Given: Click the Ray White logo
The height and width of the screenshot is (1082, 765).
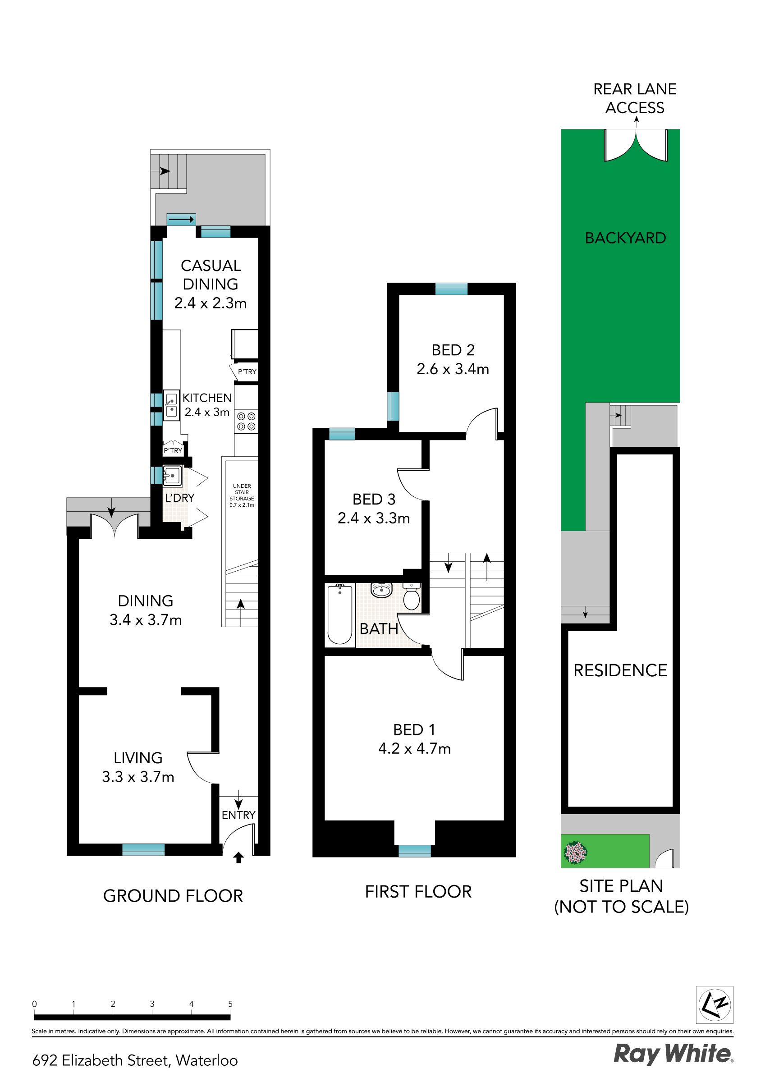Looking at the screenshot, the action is (x=673, y=1054).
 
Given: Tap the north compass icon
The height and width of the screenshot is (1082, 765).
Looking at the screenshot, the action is (x=715, y=1005).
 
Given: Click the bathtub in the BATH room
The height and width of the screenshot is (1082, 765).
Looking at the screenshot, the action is (x=340, y=614).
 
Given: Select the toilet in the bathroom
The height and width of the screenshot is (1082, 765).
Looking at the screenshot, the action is (x=412, y=596).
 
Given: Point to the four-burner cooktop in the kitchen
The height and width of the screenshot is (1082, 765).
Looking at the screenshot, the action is (x=247, y=421).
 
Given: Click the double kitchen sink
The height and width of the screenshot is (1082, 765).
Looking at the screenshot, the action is (x=171, y=405).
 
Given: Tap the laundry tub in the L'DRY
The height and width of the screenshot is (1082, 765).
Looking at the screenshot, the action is (x=172, y=476).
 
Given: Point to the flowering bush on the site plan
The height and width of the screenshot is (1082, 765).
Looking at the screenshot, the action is (x=576, y=853).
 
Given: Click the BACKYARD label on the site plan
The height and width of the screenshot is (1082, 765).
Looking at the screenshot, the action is (x=626, y=238).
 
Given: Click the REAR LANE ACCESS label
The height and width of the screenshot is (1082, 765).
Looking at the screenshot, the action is (x=635, y=98).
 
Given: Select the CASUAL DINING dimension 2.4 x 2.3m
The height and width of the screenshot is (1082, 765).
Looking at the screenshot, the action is (x=210, y=303).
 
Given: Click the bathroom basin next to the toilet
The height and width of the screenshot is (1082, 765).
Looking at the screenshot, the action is (x=381, y=590).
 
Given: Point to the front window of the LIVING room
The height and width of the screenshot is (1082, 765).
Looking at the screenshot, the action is (x=143, y=850).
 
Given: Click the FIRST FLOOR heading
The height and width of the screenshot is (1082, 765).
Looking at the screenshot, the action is (x=418, y=892).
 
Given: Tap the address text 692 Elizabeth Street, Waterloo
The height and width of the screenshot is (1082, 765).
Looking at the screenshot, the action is (x=135, y=1060).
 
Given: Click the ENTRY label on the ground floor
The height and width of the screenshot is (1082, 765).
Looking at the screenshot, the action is (x=238, y=815).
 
